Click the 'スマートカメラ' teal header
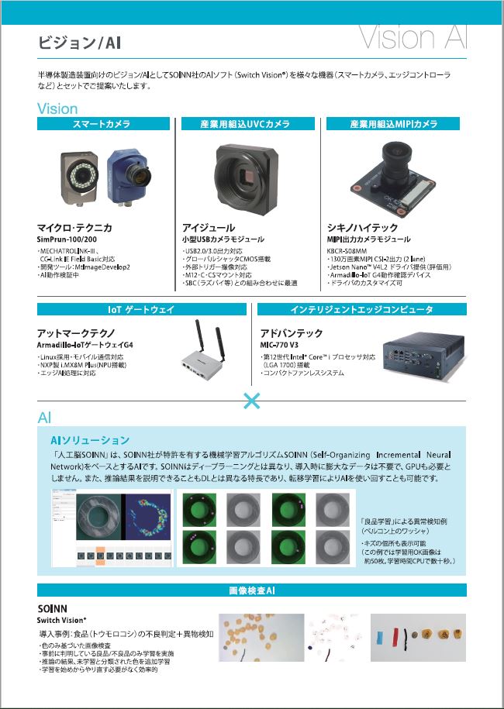pyautogui.click(x=102, y=124)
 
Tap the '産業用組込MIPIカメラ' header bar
pyautogui.click(x=393, y=124)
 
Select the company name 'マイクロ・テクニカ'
pyautogui.click(x=75, y=228)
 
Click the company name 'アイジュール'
pyautogui.click(x=209, y=228)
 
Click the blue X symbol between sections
pyautogui.click(x=252, y=401)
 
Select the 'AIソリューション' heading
pyautogui.click(x=90, y=440)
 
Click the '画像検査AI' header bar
pyautogui.click(x=252, y=590)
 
